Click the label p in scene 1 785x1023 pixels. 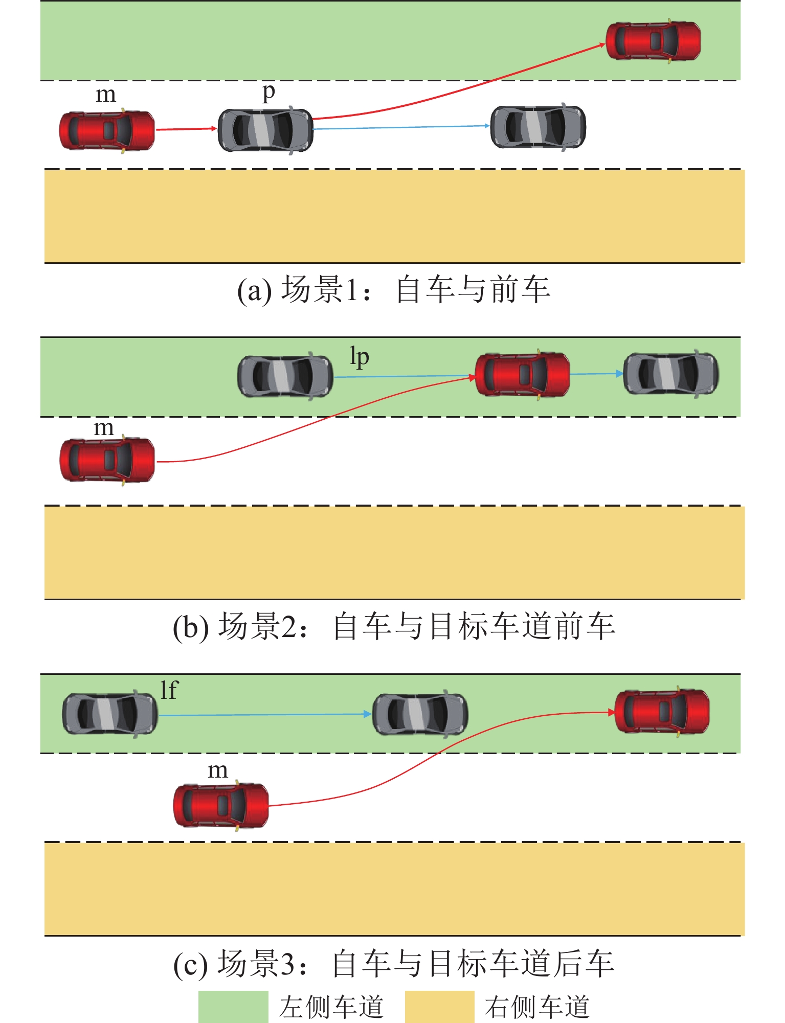coord(268,94)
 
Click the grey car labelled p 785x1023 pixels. coord(265,130)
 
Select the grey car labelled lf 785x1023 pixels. coord(109,714)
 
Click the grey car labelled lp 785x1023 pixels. coord(285,377)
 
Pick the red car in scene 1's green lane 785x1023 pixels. coord(653,41)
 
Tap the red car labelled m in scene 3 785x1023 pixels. coord(221,805)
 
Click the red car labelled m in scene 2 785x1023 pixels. coord(107,460)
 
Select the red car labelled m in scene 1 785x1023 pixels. coord(107,130)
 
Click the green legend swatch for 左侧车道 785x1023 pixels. coord(233,1007)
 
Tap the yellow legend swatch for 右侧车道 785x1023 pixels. coord(439,1007)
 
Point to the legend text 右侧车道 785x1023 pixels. coord(537,1007)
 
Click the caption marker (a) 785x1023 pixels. coord(254,290)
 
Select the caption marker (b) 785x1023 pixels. coord(190,627)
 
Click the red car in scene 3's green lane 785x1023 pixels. coord(662,711)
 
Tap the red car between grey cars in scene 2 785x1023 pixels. coord(522,374)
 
